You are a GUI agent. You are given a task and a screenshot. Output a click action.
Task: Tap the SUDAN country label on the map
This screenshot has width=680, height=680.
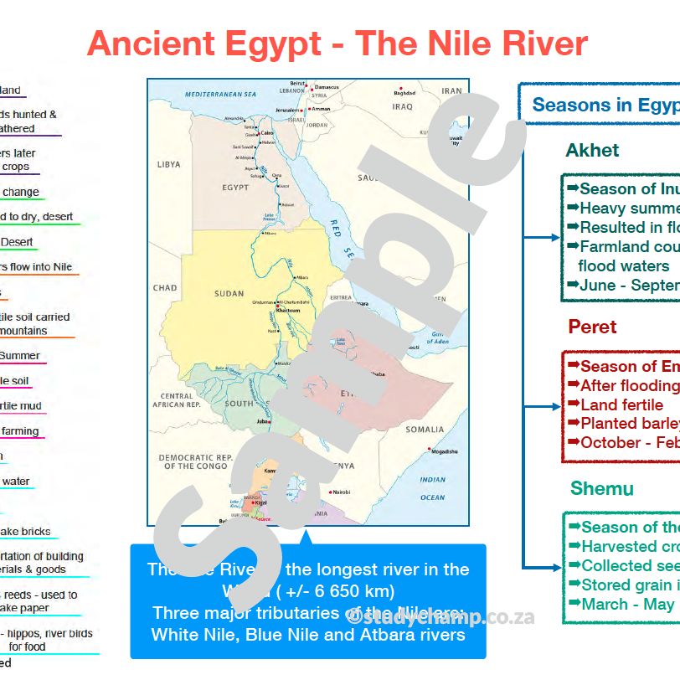229,294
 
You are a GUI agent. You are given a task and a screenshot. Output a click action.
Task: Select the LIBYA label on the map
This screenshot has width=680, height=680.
168,165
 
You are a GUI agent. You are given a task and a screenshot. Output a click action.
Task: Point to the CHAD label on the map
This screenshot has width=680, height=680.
165,288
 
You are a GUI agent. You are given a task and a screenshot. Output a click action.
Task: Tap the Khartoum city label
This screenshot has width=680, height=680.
288,310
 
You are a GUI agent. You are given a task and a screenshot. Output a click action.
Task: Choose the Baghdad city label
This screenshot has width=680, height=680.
406,93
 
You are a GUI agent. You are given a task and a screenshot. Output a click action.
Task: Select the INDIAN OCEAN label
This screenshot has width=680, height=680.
433,489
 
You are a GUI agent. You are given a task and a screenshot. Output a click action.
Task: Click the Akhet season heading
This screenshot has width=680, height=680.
592,151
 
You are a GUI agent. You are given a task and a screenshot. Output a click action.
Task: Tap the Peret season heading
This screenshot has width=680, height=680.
592,327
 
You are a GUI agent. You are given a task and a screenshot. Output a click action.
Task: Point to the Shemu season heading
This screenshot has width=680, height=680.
601,488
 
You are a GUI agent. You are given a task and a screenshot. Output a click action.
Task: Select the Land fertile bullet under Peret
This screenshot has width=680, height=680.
621,404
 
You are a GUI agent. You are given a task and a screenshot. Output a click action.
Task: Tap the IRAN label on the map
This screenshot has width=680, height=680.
451,91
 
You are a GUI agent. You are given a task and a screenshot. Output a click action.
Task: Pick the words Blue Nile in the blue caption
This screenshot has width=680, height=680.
281,635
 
